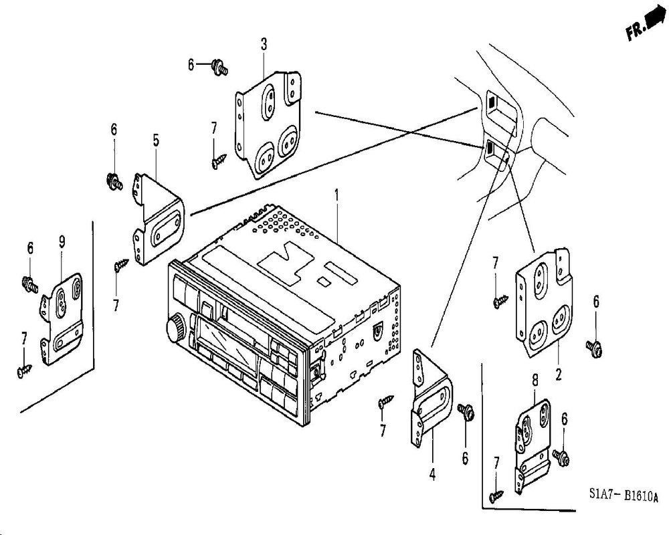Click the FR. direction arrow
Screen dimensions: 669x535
pyautogui.click(x=655, y=20)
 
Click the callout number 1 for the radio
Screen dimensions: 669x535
pyautogui.click(x=337, y=196)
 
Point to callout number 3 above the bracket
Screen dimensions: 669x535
pyautogui.click(x=264, y=44)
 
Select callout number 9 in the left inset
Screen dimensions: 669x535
pyautogui.click(x=62, y=242)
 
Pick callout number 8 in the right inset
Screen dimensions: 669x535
pyautogui.click(x=535, y=379)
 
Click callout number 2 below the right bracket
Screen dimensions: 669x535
pyautogui.click(x=559, y=374)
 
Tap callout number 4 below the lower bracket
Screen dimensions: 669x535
pyautogui.click(x=432, y=473)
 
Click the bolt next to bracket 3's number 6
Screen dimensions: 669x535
pyautogui.click(x=219, y=68)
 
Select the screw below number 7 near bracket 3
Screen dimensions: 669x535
pyautogui.click(x=219, y=162)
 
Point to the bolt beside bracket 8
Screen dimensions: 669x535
pyautogui.click(x=561, y=456)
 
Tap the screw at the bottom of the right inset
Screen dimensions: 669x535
pyautogui.click(x=496, y=496)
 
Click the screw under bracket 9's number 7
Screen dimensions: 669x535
pyautogui.click(x=25, y=370)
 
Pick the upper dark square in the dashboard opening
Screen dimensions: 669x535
pyautogui.click(x=492, y=102)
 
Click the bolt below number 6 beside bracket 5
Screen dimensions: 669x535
pyautogui.click(x=114, y=181)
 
